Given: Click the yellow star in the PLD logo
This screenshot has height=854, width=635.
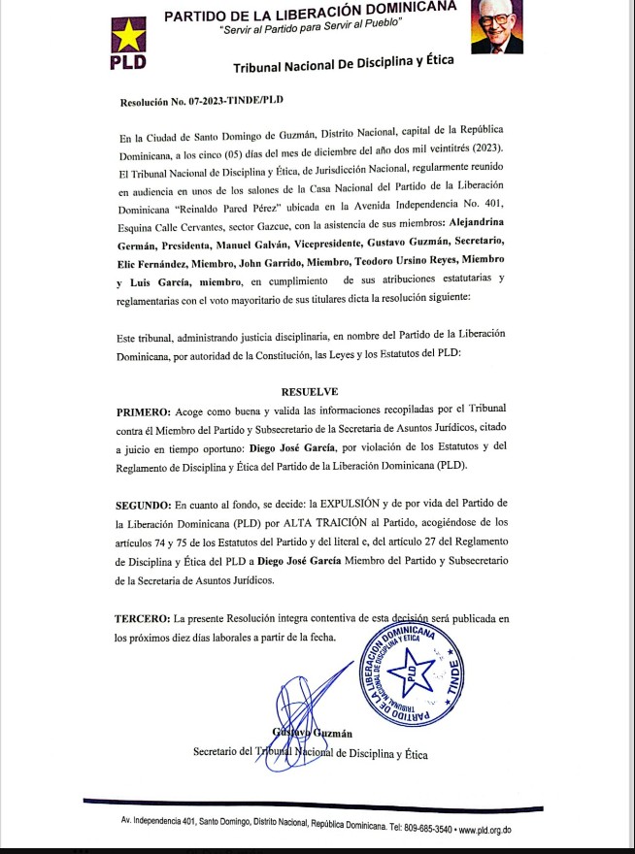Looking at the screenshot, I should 128,37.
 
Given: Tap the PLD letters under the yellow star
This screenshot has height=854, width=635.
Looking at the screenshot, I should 128,63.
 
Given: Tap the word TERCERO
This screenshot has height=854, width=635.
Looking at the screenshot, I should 142,618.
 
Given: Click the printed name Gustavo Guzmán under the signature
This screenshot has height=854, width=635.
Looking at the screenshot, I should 309,733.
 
